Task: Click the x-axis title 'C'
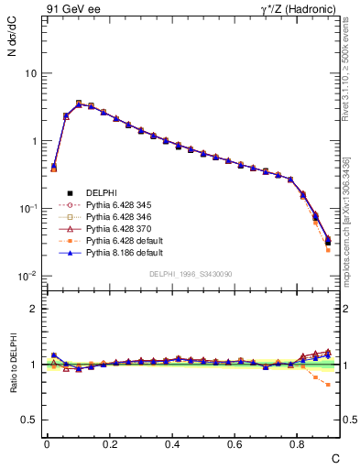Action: tap(335, 457)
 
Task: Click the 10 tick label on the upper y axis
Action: tap(30, 73)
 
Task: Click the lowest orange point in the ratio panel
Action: tap(328, 385)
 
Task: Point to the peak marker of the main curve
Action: tap(79, 104)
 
